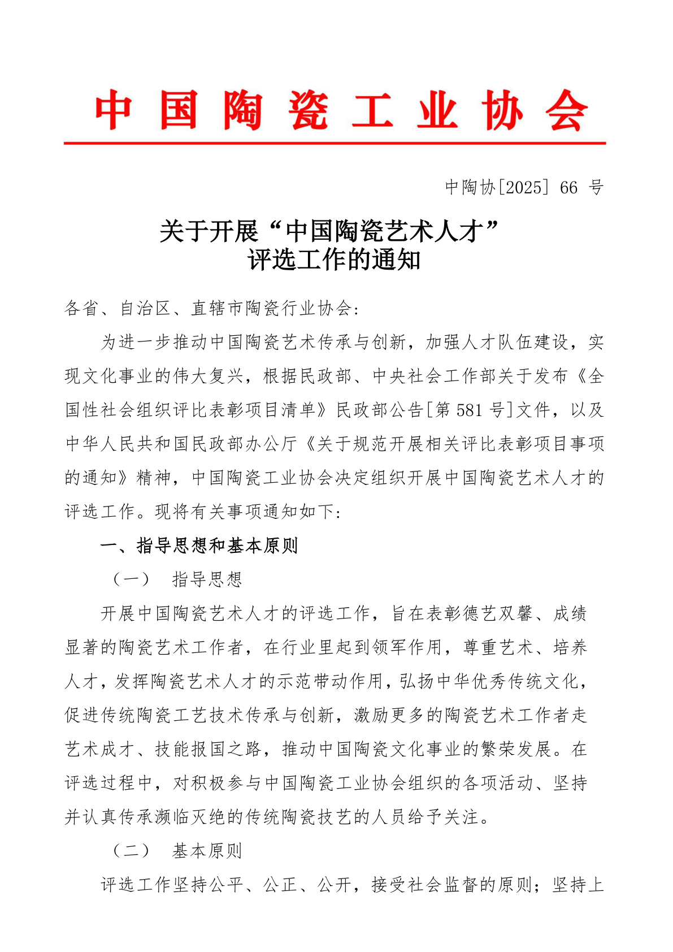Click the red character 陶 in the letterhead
coord(243,111)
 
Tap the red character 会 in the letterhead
coord(567,111)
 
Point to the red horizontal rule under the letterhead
coord(335,144)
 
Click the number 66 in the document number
coord(569,187)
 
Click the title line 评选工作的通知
coord(335,260)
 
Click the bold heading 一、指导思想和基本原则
coord(199,546)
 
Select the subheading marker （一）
coord(131,579)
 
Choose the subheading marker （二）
coord(131,851)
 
